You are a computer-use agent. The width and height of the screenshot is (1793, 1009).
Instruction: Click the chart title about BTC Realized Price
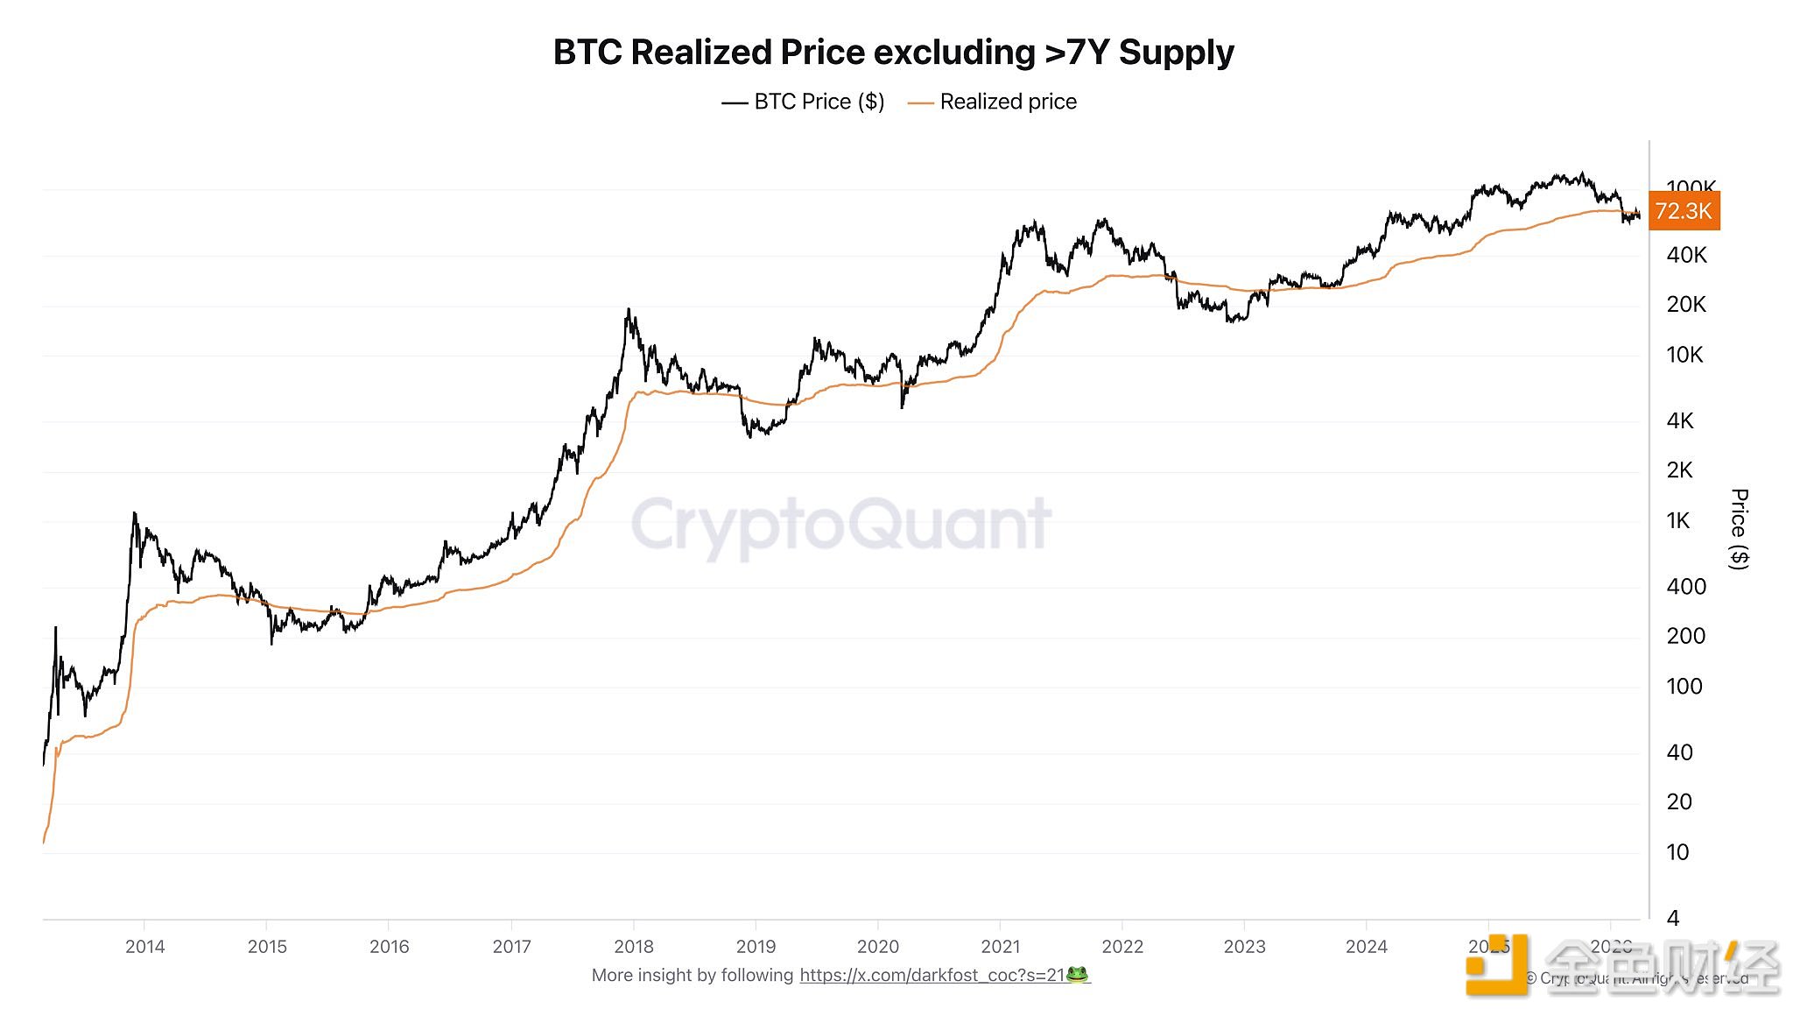(x=893, y=53)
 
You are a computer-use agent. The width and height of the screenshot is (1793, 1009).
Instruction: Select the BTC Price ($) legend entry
(x=803, y=102)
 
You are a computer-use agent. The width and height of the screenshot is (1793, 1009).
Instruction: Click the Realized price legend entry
(x=993, y=102)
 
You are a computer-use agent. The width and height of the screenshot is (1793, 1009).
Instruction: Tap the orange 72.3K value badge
(x=1684, y=211)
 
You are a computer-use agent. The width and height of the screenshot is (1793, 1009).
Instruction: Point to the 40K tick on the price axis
(x=1686, y=255)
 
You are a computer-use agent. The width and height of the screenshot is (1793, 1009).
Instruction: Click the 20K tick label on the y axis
(x=1686, y=305)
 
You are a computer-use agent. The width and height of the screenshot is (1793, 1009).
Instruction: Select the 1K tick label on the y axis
(x=1678, y=521)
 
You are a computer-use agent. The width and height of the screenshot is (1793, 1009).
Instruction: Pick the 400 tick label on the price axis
(x=1686, y=587)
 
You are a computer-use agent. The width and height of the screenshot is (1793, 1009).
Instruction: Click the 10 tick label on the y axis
(x=1677, y=852)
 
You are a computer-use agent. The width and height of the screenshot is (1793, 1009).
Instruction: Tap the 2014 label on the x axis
(x=144, y=947)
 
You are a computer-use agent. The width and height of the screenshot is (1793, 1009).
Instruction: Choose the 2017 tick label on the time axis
(x=511, y=947)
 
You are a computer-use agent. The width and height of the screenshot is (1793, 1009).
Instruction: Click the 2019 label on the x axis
(x=756, y=947)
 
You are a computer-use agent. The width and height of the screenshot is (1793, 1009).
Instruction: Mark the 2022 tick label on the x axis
(x=1122, y=947)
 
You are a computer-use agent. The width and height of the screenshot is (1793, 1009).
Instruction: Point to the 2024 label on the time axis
(x=1367, y=947)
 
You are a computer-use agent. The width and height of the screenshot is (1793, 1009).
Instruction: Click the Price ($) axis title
(x=1740, y=529)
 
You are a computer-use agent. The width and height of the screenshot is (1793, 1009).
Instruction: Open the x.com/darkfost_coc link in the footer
(x=932, y=976)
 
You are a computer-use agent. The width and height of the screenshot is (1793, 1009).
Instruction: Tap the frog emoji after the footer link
(x=1078, y=975)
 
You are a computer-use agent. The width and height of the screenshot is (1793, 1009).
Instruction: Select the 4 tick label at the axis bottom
(x=1673, y=918)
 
